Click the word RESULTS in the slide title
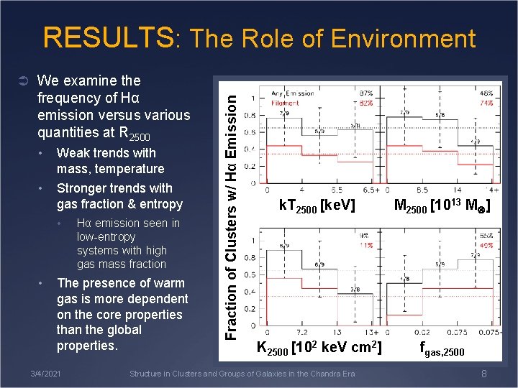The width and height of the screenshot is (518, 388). pyautogui.click(x=109, y=38)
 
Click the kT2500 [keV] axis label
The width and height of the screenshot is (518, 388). pyautogui.click(x=317, y=206)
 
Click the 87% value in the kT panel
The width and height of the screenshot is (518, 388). pyautogui.click(x=366, y=93)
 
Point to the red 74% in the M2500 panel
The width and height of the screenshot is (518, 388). pyautogui.click(x=486, y=103)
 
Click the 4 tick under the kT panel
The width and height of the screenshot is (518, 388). pyautogui.click(x=300, y=190)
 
